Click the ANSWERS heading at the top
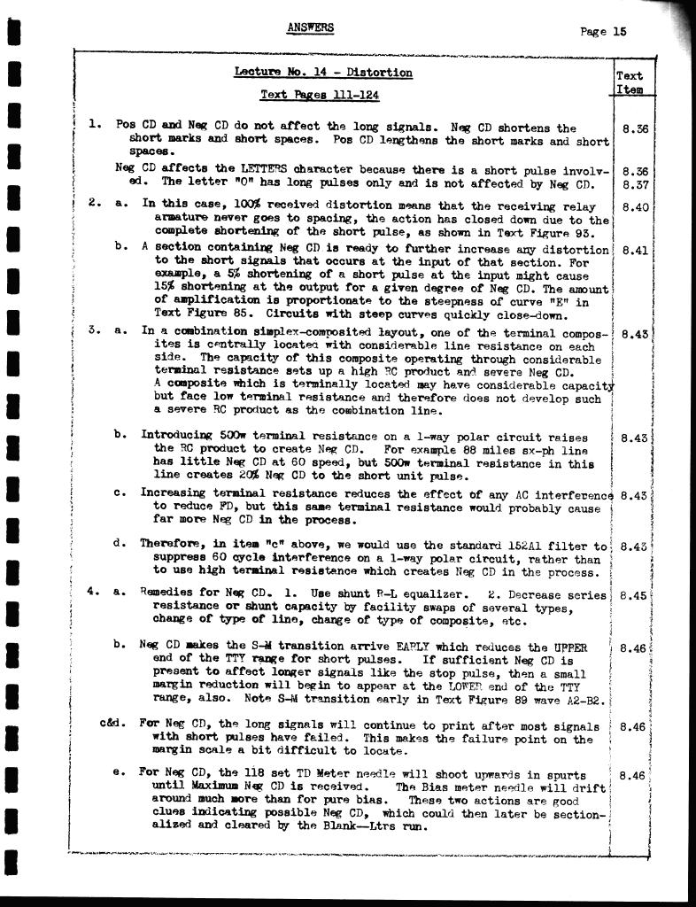point(311,27)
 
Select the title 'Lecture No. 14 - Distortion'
point(323,73)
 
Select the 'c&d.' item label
point(115,725)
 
